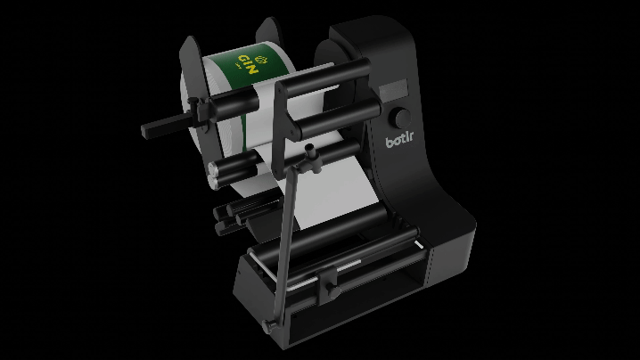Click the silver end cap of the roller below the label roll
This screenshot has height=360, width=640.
pos(214,168)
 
